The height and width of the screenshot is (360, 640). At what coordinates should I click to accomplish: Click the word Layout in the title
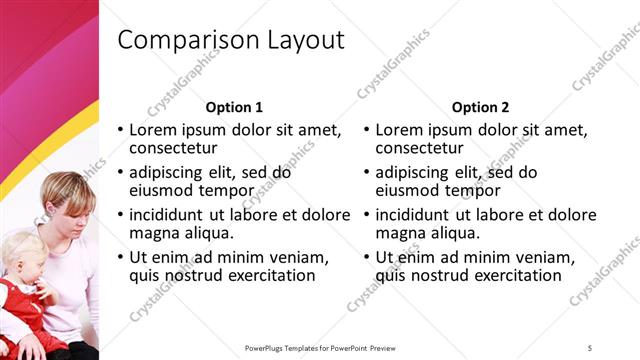pyautogui.click(x=305, y=40)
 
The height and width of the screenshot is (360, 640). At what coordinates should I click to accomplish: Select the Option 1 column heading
pyautogui.click(x=234, y=107)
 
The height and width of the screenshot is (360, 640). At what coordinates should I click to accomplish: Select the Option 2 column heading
pyautogui.click(x=480, y=107)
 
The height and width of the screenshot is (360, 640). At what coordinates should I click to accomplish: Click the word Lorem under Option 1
pyautogui.click(x=157, y=130)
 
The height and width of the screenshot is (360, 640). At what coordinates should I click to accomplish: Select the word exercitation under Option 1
pyautogui.click(x=267, y=275)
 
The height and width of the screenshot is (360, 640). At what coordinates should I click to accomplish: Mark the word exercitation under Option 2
pyautogui.click(x=513, y=275)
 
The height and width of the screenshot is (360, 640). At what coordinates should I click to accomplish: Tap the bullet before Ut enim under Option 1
pyautogui.click(x=121, y=257)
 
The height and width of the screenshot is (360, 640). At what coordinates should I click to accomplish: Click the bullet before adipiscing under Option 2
pyautogui.click(x=367, y=172)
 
